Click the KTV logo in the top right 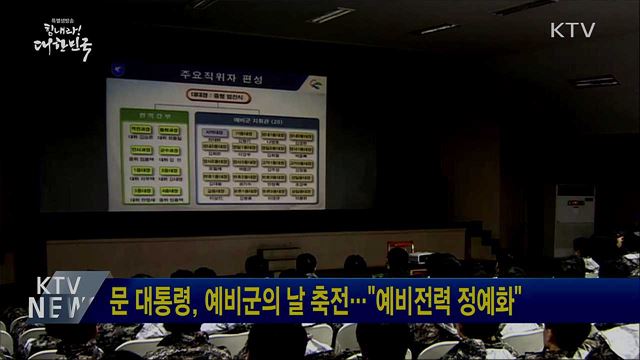572,30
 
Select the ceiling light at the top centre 330,15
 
